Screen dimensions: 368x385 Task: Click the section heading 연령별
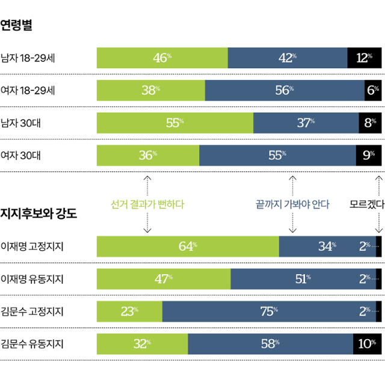point(16,25)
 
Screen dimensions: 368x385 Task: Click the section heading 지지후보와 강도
point(39,213)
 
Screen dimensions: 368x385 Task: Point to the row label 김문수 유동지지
point(32,344)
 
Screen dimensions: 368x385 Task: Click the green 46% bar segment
point(162,58)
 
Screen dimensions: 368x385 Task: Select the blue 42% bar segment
point(288,58)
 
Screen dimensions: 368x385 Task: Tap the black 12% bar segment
point(364,58)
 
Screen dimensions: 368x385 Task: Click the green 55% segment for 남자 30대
point(175,123)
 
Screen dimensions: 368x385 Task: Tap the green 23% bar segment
point(129,311)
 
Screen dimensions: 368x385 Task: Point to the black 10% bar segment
point(367,344)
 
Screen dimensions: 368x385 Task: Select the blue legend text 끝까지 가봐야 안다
point(292,204)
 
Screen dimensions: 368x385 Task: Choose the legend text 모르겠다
point(367,204)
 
